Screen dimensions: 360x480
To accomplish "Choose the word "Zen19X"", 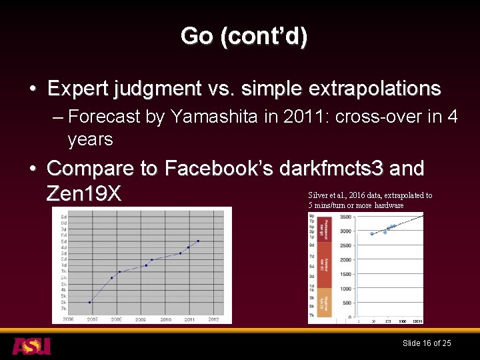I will coord(84,194).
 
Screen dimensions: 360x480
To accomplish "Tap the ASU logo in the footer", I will coord(31,345).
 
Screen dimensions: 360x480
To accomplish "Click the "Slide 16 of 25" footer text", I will coord(427,343).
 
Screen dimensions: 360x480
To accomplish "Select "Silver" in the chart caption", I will coord(317,195).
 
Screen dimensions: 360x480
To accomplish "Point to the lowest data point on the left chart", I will coord(90,302).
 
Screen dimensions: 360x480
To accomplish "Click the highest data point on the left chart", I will coord(198,241).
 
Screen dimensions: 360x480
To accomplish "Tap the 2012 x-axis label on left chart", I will coord(213,319).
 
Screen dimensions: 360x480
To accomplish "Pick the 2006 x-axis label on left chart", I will coord(68,319).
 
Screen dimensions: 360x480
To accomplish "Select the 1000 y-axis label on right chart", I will coord(345,289).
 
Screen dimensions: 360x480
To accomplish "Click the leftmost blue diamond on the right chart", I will coord(372,233).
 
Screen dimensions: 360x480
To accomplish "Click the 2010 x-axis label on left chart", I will coord(165,319).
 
